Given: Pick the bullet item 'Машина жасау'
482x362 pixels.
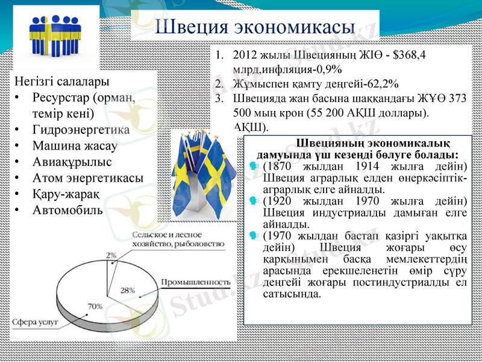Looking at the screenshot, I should click(75, 145).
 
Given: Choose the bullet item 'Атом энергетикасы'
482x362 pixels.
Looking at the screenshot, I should click(88, 178).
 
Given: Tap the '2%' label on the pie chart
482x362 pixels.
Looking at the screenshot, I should click(111, 255).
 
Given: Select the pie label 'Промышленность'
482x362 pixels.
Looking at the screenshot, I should click(196, 282).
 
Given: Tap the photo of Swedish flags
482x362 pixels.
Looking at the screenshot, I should click(196, 175).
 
